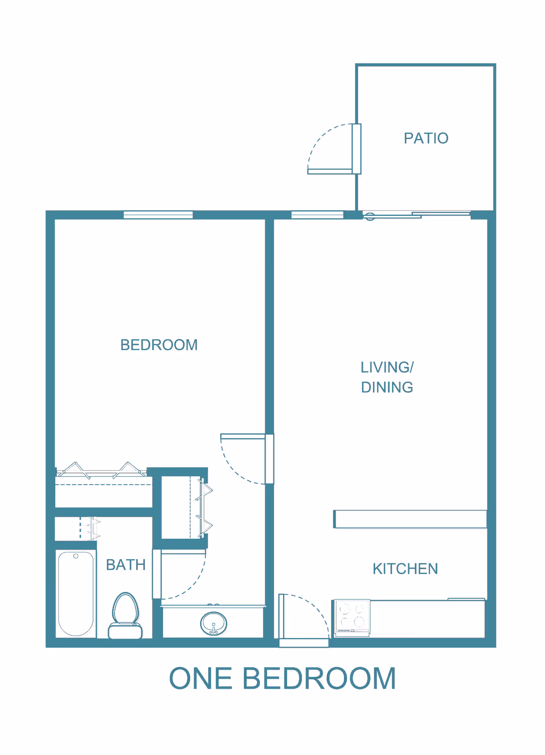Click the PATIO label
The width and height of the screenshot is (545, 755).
click(426, 138)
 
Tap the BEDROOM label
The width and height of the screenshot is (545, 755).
click(159, 345)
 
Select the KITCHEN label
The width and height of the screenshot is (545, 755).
click(405, 569)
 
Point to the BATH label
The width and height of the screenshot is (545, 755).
click(126, 565)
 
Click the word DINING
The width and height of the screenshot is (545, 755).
click(387, 387)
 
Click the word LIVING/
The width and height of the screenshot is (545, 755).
click(387, 367)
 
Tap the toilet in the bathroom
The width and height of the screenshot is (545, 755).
click(125, 616)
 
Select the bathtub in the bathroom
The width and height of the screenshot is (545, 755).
click(76, 594)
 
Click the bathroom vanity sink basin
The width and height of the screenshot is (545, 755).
click(213, 623)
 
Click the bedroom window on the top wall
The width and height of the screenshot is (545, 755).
click(158, 215)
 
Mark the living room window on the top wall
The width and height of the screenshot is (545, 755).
click(317, 215)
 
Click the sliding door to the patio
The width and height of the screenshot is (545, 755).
click(416, 214)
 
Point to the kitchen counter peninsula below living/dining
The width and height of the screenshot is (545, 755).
click(410, 519)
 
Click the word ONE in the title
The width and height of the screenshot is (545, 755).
click(201, 679)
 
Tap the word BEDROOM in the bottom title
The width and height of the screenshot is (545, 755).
click(319, 679)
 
